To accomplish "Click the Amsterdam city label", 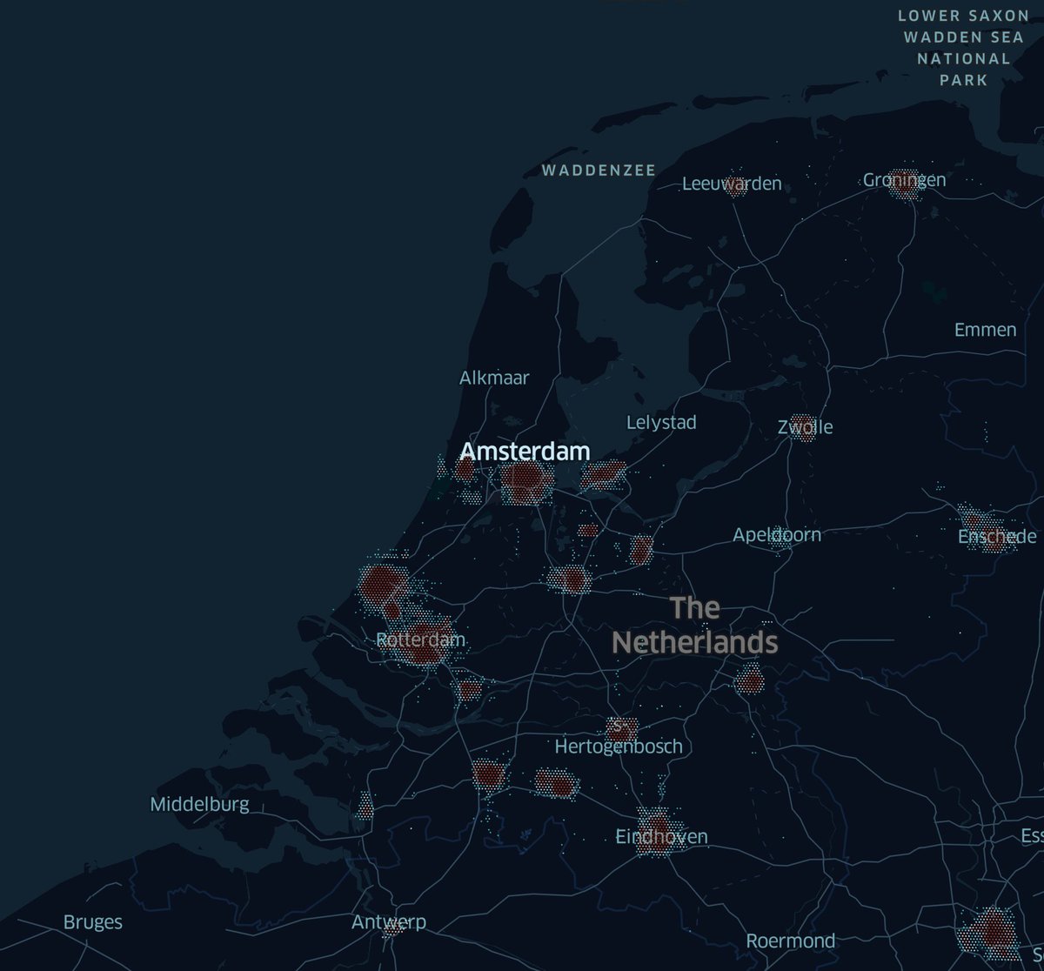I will pyautogui.click(x=525, y=451).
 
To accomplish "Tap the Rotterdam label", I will pyautogui.click(x=421, y=640).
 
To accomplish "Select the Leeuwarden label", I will pyautogui.click(x=732, y=184).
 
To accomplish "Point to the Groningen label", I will pyautogui.click(x=904, y=180).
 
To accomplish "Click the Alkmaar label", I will pyautogui.click(x=494, y=378).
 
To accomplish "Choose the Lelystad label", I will pyautogui.click(x=661, y=423).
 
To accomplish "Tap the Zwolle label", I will pyautogui.click(x=806, y=427).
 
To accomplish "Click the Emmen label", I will pyautogui.click(x=985, y=330).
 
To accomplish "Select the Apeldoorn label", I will pyautogui.click(x=777, y=534).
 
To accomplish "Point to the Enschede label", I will pyautogui.click(x=997, y=537).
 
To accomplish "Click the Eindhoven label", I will pyautogui.click(x=661, y=837).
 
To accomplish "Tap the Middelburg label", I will pyautogui.click(x=199, y=804).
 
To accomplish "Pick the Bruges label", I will pyautogui.click(x=93, y=922).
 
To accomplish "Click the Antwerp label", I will pyautogui.click(x=389, y=922).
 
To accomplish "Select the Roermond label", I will pyautogui.click(x=791, y=941).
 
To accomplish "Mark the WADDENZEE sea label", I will pyautogui.click(x=599, y=171).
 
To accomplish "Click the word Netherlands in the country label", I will pyautogui.click(x=694, y=642).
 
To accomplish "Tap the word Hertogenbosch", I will pyautogui.click(x=618, y=747).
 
